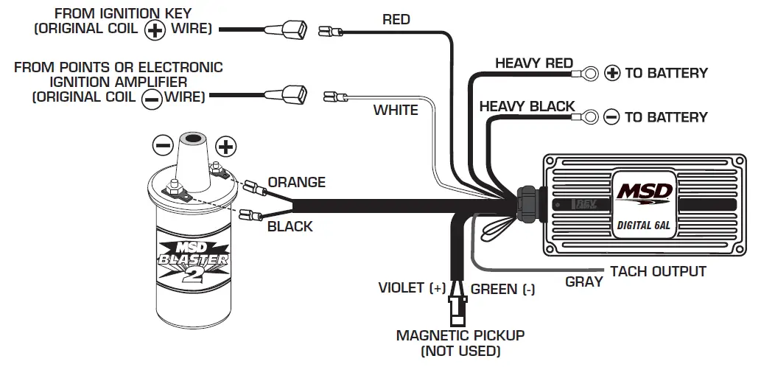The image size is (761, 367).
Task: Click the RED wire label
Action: (x=396, y=19)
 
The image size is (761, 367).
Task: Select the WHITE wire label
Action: (x=396, y=111)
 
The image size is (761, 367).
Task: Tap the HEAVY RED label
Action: (x=533, y=63)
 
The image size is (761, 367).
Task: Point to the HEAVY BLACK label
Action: (x=527, y=107)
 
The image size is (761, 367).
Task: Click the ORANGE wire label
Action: (x=296, y=182)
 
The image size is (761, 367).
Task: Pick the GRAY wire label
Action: (x=584, y=282)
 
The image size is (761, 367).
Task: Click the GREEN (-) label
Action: (x=503, y=289)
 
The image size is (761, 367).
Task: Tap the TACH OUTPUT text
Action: (x=658, y=271)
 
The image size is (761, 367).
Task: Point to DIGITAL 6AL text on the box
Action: (x=642, y=226)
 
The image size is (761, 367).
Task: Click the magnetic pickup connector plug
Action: (x=457, y=309)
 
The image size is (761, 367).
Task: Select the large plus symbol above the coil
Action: (x=225, y=146)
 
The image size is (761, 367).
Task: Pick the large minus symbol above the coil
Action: (x=163, y=144)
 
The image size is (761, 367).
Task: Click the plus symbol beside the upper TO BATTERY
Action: (x=612, y=73)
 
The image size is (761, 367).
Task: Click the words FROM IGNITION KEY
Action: (x=123, y=13)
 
